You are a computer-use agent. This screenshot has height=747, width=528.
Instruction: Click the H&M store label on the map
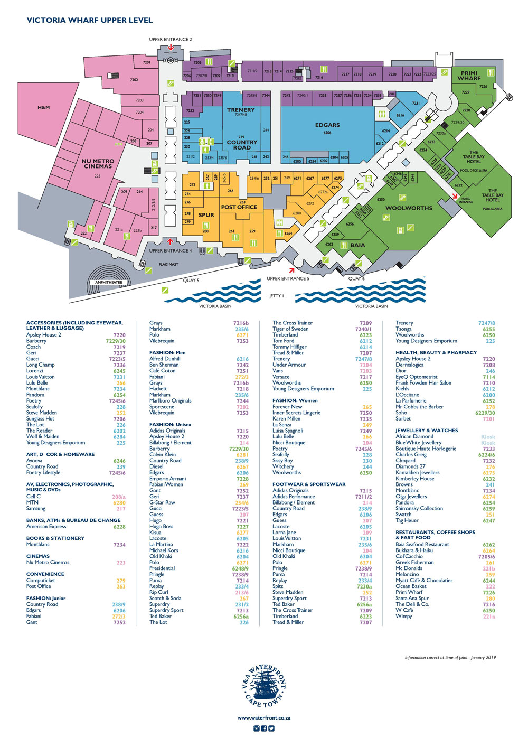pyautogui.click(x=43, y=107)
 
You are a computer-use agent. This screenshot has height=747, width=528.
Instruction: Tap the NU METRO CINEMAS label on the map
pyautogui.click(x=98, y=163)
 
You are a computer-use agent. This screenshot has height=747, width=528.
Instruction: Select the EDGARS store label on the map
pyautogui.click(x=327, y=125)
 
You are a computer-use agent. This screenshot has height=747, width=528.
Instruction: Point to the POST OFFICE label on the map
pyautogui.click(x=239, y=207)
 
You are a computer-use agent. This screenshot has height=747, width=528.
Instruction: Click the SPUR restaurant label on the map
pyautogui.click(x=206, y=215)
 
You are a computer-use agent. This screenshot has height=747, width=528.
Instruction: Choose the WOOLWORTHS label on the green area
pyautogui.click(x=409, y=208)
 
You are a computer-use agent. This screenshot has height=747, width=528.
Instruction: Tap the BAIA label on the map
pyautogui.click(x=357, y=245)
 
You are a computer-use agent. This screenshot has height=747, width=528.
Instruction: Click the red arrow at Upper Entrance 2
pyautogui.click(x=171, y=48)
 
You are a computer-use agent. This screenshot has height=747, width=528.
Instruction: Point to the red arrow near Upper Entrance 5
pyautogui.click(x=291, y=270)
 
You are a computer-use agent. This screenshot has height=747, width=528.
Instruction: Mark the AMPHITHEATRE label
pyautogui.click(x=109, y=283)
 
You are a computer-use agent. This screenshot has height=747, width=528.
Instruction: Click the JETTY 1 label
pyautogui.click(x=276, y=296)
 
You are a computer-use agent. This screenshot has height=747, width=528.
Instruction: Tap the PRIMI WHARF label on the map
pyautogui.click(x=469, y=76)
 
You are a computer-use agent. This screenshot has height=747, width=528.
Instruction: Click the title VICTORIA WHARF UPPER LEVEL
pyautogui.click(x=90, y=20)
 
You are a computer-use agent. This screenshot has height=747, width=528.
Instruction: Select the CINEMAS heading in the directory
pyautogui.click(x=38, y=556)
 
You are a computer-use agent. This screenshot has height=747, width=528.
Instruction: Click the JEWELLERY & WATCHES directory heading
pyautogui.click(x=427, y=431)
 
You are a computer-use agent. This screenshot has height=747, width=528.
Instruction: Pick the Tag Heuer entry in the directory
pyautogui.click(x=407, y=520)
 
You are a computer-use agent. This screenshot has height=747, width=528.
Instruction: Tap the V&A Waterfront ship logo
pyautogui.click(x=264, y=687)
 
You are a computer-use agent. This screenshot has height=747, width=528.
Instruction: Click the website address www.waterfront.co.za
pyautogui.click(x=264, y=718)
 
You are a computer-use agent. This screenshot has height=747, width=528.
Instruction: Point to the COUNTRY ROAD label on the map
pyautogui.click(x=242, y=145)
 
